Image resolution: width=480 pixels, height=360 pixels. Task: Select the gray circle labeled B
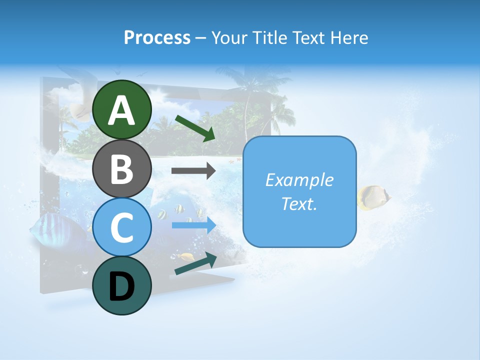[x=122, y=168]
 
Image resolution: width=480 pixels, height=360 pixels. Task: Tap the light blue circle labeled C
[x=122, y=227]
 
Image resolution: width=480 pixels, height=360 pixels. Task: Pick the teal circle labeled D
[x=122, y=285]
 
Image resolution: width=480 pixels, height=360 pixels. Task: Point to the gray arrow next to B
[x=193, y=170]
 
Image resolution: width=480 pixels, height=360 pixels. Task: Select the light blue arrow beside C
[x=193, y=225]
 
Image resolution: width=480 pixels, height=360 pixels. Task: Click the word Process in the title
[x=157, y=37]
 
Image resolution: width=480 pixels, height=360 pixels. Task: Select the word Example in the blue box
[x=299, y=180]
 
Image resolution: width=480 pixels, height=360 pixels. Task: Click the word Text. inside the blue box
[x=299, y=203]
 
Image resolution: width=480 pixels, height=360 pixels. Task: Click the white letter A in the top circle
[x=122, y=110]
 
